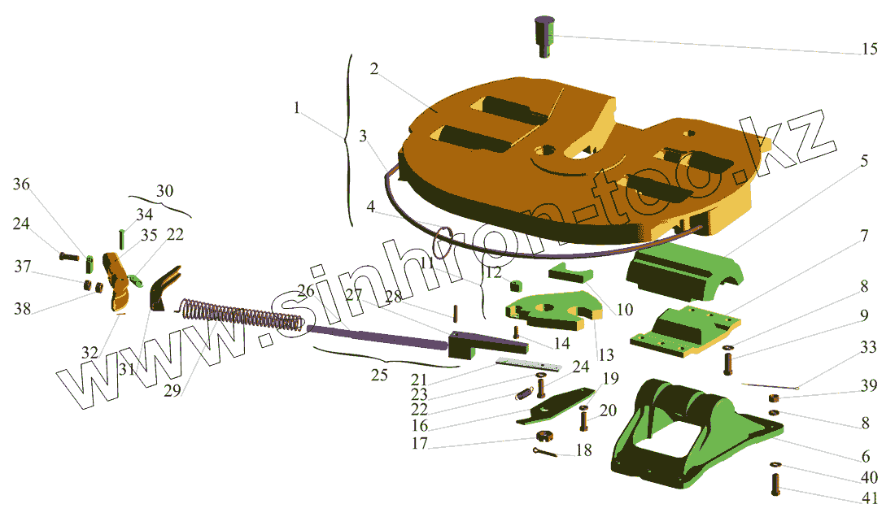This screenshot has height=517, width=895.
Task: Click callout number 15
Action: [869, 49]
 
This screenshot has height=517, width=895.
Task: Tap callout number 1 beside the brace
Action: [298, 108]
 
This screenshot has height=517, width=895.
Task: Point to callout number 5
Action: [862, 161]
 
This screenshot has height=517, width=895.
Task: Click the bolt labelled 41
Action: [774, 486]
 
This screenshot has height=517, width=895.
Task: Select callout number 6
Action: [865, 456]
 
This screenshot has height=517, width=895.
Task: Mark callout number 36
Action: [21, 185]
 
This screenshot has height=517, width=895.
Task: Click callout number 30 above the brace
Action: [164, 192]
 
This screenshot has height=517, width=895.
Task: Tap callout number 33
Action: [869, 347]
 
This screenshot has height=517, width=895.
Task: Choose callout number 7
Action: [863, 237]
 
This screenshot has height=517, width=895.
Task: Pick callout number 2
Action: [373, 69]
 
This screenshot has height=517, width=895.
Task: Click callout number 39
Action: [869, 386]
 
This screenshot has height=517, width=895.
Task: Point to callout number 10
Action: [625, 309]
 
